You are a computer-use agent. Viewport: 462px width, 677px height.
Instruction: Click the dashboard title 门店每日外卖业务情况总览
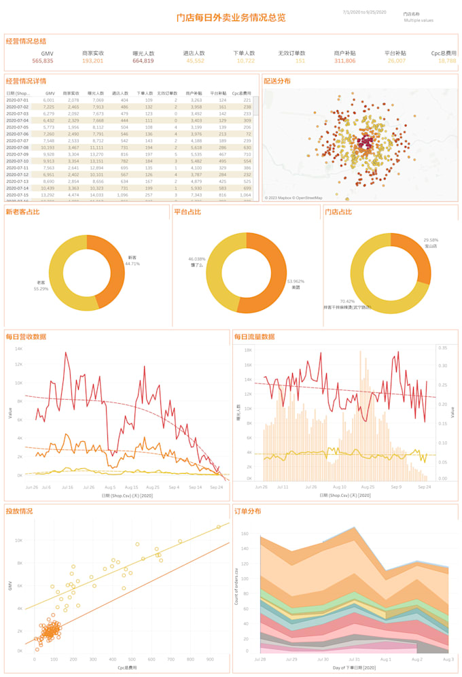[x=230, y=18]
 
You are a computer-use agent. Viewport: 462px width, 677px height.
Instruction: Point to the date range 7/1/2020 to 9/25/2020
[x=364, y=12]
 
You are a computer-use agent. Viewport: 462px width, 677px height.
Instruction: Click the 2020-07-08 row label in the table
[x=18, y=147]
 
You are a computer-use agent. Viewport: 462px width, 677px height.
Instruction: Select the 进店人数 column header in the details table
[x=120, y=93]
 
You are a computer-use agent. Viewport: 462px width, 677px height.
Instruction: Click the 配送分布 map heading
[x=277, y=81]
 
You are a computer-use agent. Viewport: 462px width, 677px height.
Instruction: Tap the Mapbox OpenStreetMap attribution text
[x=294, y=198]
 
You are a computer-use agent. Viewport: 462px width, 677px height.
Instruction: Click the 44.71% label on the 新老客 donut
[x=134, y=263]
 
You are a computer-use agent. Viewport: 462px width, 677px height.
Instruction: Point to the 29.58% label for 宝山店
[x=431, y=240]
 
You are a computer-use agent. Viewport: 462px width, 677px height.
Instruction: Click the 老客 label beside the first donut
[x=41, y=282]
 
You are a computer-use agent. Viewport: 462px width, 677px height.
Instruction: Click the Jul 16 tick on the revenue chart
[x=67, y=487]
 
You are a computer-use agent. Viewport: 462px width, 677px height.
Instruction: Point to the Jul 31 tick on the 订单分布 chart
[x=353, y=659]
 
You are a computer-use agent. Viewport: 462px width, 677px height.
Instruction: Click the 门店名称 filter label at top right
[x=411, y=13]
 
